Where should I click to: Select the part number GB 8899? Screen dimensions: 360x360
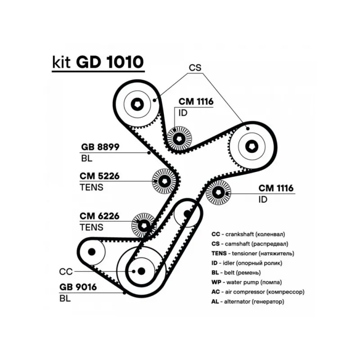(x=100, y=147)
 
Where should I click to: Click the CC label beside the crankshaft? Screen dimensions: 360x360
(x=66, y=271)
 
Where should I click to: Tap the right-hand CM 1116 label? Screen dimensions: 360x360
(x=276, y=188)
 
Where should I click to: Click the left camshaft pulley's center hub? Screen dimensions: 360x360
(x=138, y=104)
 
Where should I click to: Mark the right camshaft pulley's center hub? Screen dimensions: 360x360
(x=252, y=146)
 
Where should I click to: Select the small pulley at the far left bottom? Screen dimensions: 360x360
(x=92, y=251)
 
